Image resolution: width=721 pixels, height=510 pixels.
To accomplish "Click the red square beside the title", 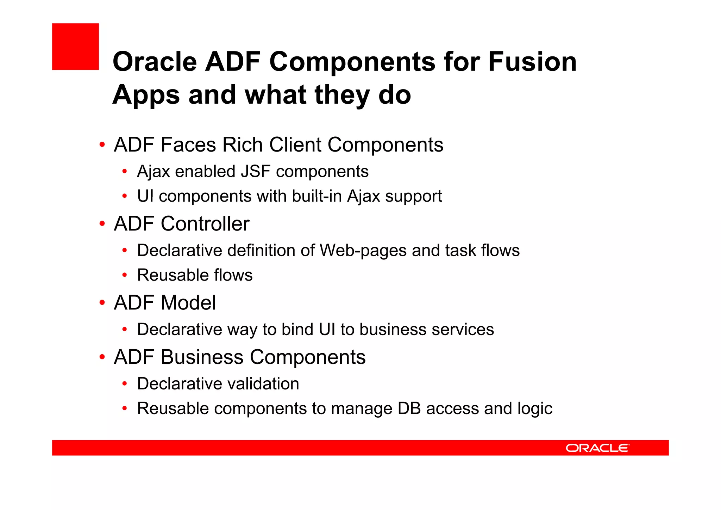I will tap(75, 47).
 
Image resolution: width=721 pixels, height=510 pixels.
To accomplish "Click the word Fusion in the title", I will tap(532, 62).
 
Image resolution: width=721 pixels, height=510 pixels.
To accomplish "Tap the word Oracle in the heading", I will tap(155, 62).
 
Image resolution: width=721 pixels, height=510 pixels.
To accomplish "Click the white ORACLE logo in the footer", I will tap(597, 448).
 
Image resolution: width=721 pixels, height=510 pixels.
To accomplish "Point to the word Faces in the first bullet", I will tap(188, 145).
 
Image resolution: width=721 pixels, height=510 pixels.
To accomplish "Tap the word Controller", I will tap(205, 224).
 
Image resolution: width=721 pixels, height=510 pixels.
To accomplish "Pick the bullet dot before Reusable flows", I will tap(124, 275).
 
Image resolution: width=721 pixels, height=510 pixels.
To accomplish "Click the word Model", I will tap(188, 303).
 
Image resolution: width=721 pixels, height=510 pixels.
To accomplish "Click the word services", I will tap(463, 330).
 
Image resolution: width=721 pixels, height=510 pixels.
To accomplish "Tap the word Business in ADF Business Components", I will tap(202, 357).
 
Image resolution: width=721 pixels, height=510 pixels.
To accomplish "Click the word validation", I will tap(263, 384).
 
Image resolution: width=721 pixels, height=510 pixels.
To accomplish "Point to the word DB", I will tap(409, 408).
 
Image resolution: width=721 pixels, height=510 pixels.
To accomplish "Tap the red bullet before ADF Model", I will tap(102, 303).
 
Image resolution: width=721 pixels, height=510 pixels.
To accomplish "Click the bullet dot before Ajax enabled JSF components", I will tap(124, 172).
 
